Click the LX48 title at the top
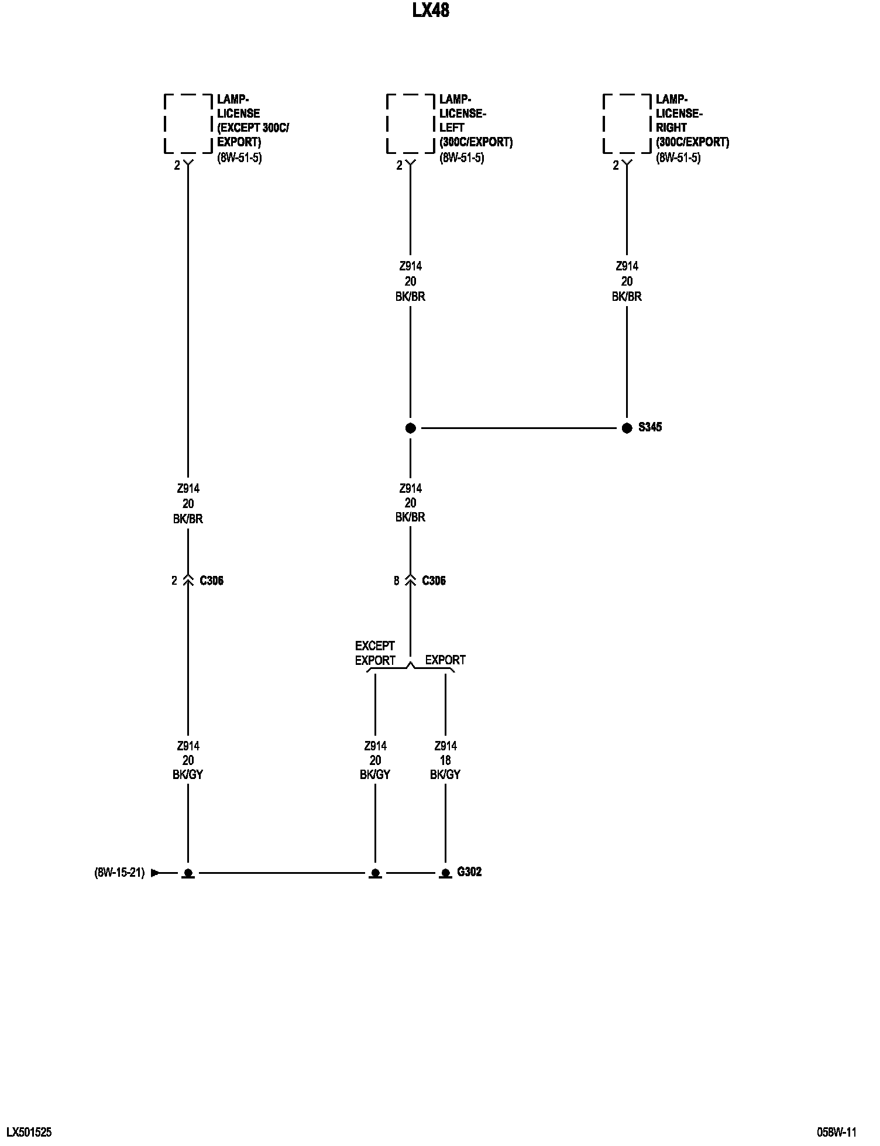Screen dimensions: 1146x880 431,11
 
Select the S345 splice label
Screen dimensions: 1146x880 650,427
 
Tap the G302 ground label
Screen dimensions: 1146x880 469,871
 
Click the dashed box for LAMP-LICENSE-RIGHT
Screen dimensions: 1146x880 627,123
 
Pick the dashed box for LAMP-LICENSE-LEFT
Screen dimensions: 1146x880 410,123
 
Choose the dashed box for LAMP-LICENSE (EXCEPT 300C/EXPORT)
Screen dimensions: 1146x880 188,123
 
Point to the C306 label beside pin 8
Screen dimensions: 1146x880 434,581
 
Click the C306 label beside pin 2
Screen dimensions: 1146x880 211,581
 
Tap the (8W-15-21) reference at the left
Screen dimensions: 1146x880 119,873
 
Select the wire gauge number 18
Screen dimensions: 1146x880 445,760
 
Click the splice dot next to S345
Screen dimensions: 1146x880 627,428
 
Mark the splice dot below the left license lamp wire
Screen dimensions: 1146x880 410,428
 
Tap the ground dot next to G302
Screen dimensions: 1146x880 445,873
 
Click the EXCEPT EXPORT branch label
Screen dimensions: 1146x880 375,653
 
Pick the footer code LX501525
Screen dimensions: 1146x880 29,1132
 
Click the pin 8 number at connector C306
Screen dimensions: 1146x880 397,581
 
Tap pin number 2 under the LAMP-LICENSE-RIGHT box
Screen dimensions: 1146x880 616,166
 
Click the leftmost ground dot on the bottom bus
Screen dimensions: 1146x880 188,873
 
